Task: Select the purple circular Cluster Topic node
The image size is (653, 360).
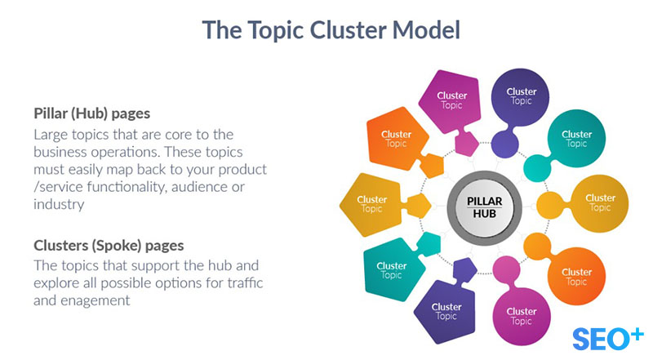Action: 521,96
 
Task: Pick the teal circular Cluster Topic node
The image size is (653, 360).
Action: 576,138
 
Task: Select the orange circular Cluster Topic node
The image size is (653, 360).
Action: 576,277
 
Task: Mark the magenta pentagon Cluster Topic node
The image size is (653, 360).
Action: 451,100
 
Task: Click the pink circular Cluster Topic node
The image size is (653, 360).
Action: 521,315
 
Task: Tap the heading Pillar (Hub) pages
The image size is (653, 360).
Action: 91,113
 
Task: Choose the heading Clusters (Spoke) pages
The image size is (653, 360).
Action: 109,245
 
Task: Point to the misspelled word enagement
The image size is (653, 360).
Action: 101,300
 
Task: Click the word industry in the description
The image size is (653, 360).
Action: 60,205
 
